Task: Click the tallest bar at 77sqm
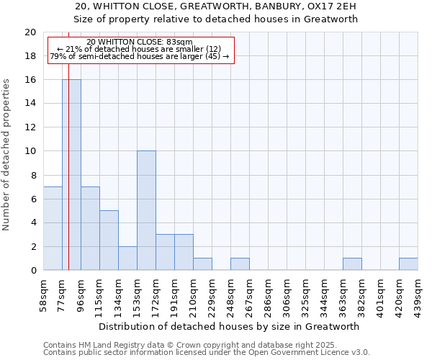pos(71,175)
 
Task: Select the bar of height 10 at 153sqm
pos(146,210)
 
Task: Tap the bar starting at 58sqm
pos(53,228)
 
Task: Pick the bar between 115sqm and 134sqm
pos(109,240)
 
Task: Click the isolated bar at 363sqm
pos(352,264)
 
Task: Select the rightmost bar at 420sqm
pos(408,264)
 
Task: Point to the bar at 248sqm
pos(240,264)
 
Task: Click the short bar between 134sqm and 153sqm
pos(127,258)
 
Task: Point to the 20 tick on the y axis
pos(30,32)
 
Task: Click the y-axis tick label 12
pos(30,127)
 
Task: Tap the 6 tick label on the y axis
pos(32,199)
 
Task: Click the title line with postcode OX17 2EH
pos(216,6)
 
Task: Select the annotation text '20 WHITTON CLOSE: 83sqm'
pos(140,42)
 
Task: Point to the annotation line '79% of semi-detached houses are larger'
pos(140,56)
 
